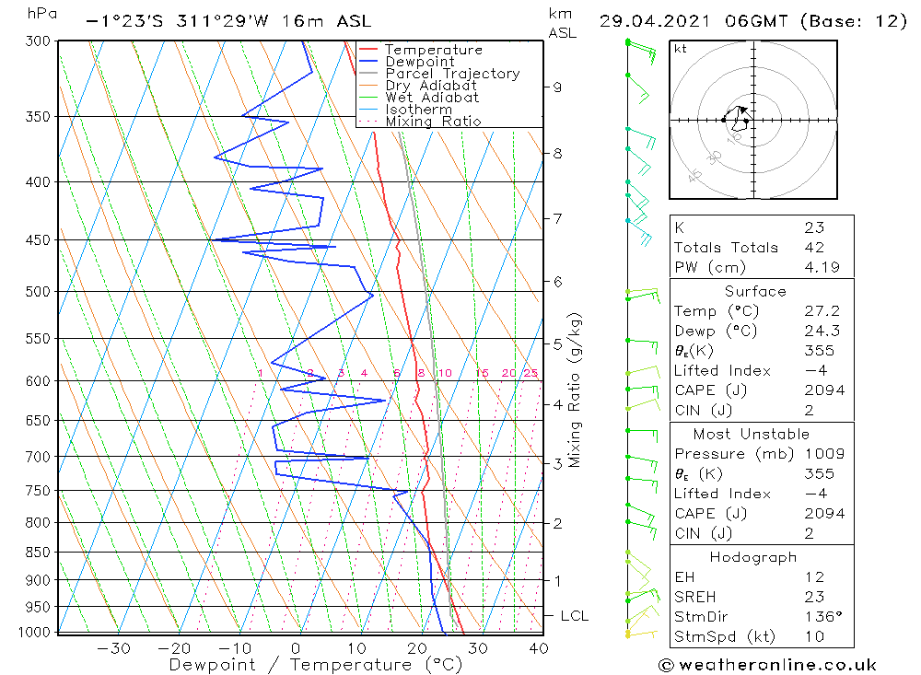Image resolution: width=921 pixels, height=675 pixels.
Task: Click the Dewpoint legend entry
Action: (419, 62)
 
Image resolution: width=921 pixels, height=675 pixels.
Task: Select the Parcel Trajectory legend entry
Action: (452, 74)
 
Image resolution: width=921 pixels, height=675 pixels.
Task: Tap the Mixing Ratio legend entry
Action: (433, 122)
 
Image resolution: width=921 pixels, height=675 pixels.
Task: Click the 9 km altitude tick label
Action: (557, 87)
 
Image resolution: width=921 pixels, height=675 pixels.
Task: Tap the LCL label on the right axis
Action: (574, 616)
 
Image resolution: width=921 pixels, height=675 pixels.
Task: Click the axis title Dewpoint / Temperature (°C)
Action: (315, 665)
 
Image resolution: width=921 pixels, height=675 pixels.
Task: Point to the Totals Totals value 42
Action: (814, 248)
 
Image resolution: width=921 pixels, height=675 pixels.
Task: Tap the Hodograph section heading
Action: (753, 558)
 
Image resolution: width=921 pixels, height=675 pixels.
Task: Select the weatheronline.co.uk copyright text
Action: (767, 665)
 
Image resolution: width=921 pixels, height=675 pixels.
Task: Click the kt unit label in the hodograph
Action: (681, 49)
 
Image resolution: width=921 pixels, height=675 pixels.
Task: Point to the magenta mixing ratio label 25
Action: (530, 373)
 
